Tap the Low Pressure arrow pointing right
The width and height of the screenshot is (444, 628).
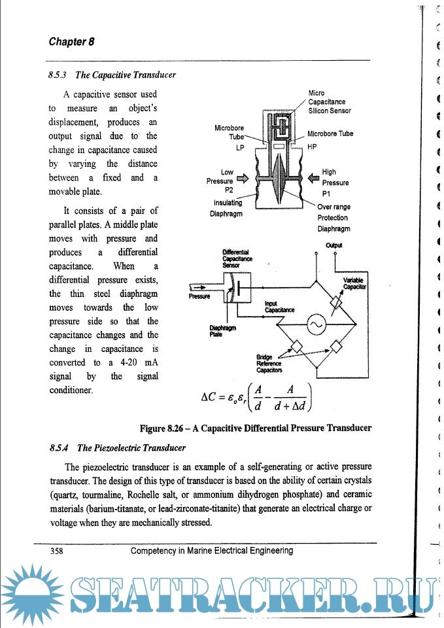tap(243, 177)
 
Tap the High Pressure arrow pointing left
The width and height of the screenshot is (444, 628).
tap(313, 177)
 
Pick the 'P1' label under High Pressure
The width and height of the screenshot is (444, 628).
tap(328, 194)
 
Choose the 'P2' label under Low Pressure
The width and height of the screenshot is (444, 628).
tap(229, 190)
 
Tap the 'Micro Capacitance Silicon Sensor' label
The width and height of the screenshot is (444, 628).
tap(330, 102)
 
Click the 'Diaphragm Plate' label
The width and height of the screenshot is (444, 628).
tap(219, 331)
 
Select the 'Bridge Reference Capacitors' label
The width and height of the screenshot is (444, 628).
tap(269, 363)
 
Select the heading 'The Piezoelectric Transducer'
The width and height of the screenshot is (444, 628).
tap(131, 448)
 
